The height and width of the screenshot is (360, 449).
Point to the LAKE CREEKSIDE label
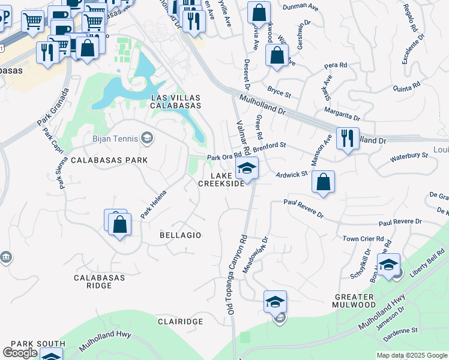[221, 179]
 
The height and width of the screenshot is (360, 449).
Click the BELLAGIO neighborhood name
[180, 235]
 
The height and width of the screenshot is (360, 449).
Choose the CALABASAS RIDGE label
[99, 281]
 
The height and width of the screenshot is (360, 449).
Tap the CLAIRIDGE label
[180, 322]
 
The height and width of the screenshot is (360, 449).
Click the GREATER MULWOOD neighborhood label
[355, 300]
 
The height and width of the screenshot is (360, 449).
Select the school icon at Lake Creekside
[246, 169]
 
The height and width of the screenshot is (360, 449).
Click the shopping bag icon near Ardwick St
[323, 183]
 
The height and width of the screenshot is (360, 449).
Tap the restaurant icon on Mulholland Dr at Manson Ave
[348, 139]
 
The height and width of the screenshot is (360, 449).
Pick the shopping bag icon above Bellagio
[120, 224]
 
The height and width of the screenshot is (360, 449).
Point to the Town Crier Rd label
[363, 239]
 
